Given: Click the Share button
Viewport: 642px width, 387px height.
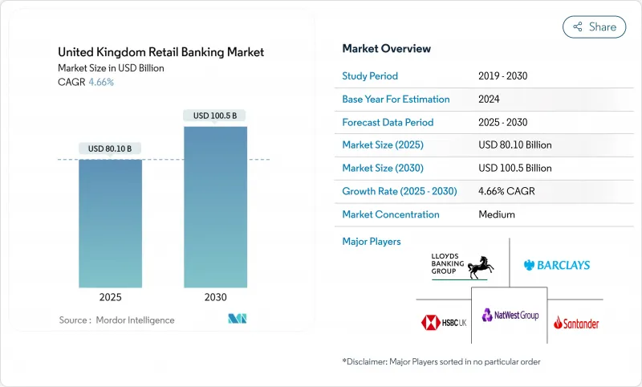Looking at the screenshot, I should [594, 26].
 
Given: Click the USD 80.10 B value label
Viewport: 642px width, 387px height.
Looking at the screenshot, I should [110, 149].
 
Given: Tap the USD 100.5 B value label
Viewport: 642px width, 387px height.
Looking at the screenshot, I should [215, 116].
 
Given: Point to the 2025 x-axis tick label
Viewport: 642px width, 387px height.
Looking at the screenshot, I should [110, 297].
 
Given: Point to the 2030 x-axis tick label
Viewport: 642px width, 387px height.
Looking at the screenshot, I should [215, 297].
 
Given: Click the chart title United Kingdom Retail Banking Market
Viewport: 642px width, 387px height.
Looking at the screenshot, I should [160, 52].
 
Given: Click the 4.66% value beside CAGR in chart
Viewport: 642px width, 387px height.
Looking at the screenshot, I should [100, 82].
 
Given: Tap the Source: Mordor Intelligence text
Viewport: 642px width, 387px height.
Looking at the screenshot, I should [116, 320].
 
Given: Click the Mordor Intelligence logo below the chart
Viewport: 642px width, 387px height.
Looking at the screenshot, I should [238, 320].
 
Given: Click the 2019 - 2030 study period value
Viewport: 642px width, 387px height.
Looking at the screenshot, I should [502, 76].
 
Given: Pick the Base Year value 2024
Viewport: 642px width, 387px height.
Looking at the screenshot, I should [490, 100].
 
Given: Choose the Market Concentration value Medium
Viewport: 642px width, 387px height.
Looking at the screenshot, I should [496, 214].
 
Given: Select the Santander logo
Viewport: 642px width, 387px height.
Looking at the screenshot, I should [576, 323].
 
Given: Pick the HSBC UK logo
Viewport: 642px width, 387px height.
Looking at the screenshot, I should [443, 323].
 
